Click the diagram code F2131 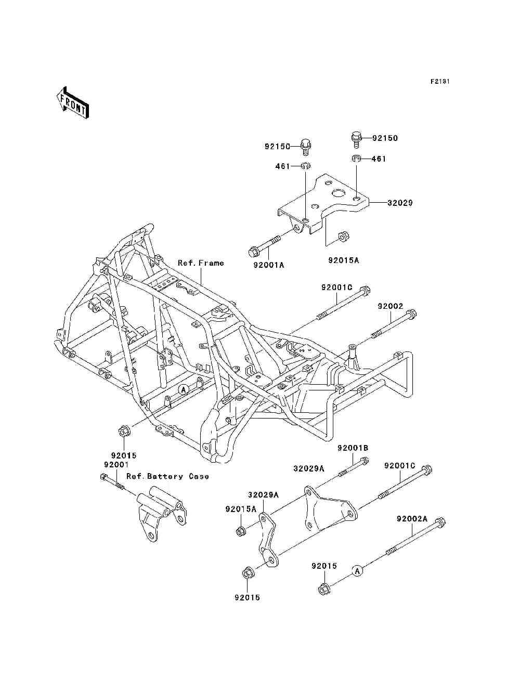point(440,82)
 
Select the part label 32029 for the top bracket point(400,203)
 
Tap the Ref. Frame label point(201,263)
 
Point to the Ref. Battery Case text point(167,476)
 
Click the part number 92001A point(269,265)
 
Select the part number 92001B point(353,448)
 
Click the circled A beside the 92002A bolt point(357,570)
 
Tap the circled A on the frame point(184,389)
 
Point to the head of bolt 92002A point(440,522)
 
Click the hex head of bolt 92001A point(253,251)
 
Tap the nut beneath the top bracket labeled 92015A point(344,237)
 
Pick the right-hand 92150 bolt point(357,140)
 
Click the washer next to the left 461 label point(306,166)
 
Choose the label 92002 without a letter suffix point(391,306)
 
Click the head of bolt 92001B point(365,461)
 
